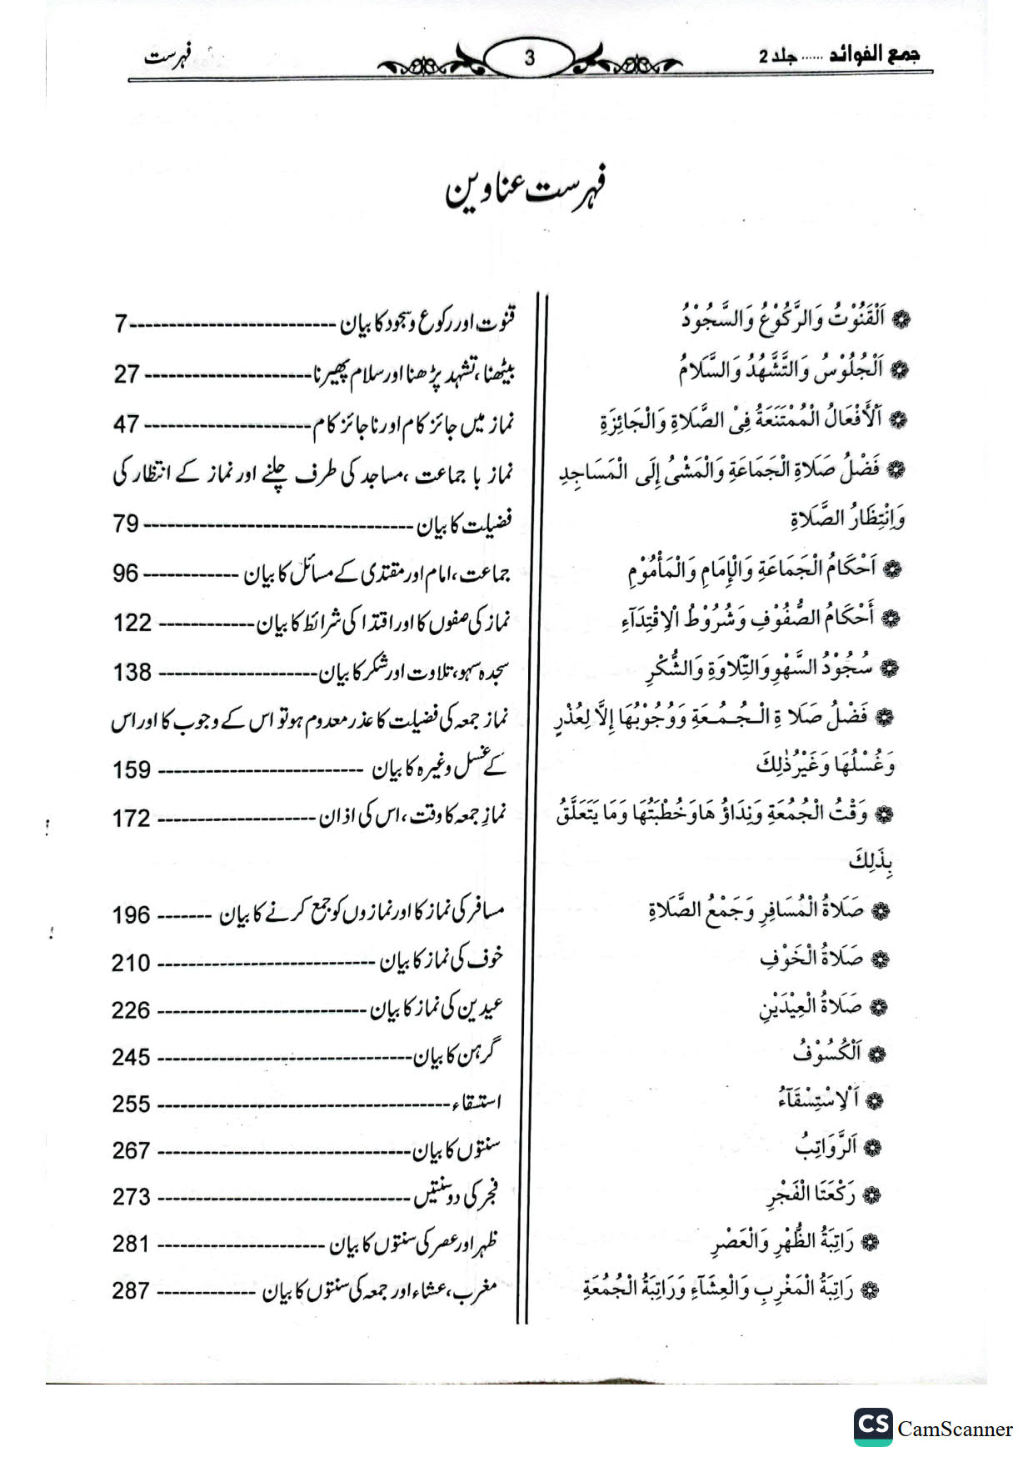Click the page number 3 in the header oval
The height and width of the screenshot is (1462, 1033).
click(x=529, y=58)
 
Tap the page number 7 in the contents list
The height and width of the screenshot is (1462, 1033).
click(x=121, y=323)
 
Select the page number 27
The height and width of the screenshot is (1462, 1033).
click(x=127, y=373)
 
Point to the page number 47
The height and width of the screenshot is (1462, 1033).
click(x=127, y=424)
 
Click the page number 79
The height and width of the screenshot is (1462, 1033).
click(x=127, y=524)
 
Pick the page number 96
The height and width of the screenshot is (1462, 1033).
click(x=127, y=573)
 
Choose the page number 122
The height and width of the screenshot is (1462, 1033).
click(x=132, y=623)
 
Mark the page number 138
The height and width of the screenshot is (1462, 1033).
click(x=132, y=672)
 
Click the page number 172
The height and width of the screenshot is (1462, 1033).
click(x=132, y=819)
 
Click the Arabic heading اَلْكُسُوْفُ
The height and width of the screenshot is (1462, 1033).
click(x=826, y=1053)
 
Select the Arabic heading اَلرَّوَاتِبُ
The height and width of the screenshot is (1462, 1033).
click(x=826, y=1147)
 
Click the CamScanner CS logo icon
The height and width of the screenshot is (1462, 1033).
click(x=872, y=1427)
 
